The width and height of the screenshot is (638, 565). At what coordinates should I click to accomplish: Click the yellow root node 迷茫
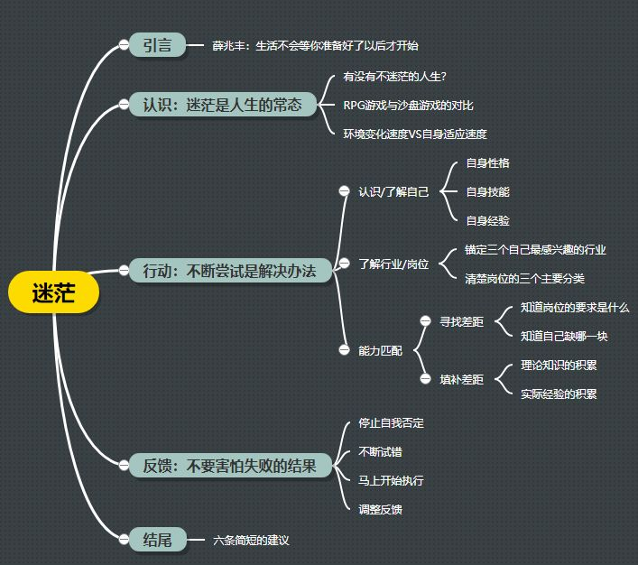pyautogui.click(x=52, y=292)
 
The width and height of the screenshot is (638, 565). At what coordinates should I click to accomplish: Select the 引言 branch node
pyautogui.click(x=157, y=44)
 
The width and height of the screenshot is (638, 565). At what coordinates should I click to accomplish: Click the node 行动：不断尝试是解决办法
pyautogui.click(x=229, y=270)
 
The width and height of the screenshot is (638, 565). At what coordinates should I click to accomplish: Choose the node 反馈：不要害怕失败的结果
pyautogui.click(x=229, y=466)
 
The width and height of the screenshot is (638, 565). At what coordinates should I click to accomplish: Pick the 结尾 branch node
pyautogui.click(x=157, y=540)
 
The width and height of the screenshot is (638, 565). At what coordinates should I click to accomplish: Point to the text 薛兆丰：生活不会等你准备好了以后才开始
pyautogui.click(x=315, y=45)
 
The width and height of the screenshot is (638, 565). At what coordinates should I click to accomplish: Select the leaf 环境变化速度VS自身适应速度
pyautogui.click(x=415, y=134)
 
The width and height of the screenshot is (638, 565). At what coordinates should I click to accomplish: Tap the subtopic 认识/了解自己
pyautogui.click(x=393, y=191)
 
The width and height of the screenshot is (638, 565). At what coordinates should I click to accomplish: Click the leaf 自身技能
pyautogui.click(x=487, y=191)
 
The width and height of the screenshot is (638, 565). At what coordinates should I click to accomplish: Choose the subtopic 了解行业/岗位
pyautogui.click(x=393, y=264)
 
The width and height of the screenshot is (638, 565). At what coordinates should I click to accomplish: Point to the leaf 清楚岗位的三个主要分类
pyautogui.click(x=523, y=278)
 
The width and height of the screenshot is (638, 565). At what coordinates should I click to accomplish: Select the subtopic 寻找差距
pyautogui.click(x=461, y=320)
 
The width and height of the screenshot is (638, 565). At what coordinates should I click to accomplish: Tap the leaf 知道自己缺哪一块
pyautogui.click(x=564, y=336)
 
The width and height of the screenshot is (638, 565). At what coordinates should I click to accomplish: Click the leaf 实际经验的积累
pyautogui.click(x=559, y=394)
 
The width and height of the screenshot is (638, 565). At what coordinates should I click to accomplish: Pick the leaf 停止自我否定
pyautogui.click(x=391, y=422)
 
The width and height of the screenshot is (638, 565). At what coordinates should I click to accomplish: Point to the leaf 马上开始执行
pyautogui.click(x=391, y=480)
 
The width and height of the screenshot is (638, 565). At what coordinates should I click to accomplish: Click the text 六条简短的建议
pyautogui.click(x=252, y=540)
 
